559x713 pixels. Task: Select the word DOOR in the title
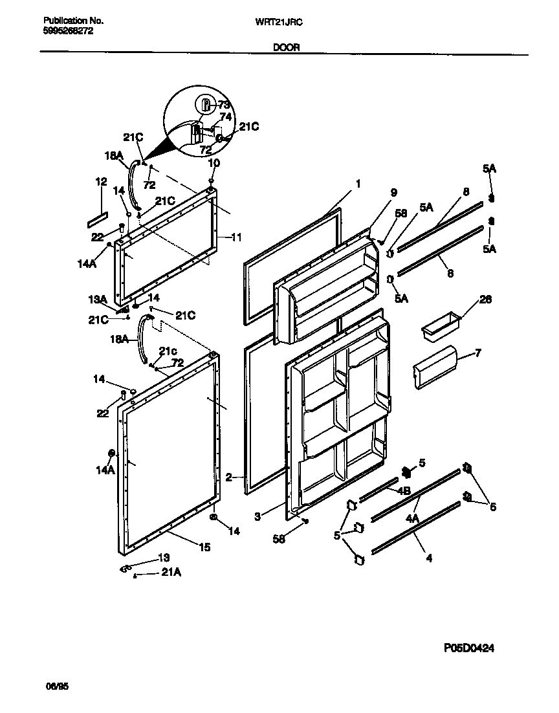[285, 47]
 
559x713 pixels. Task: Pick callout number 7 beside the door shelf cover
[478, 353]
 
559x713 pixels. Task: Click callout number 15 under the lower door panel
[204, 547]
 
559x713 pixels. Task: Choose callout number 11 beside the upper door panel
[236, 237]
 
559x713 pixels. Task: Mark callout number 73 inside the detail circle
[224, 105]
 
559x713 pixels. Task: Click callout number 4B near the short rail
[404, 490]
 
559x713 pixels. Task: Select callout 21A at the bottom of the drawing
[170, 573]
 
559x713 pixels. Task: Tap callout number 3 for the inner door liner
[257, 516]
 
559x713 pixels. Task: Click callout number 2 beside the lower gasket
[229, 477]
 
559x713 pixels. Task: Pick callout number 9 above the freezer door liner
[393, 192]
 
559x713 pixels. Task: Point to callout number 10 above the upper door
[214, 162]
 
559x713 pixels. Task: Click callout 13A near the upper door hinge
[97, 300]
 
